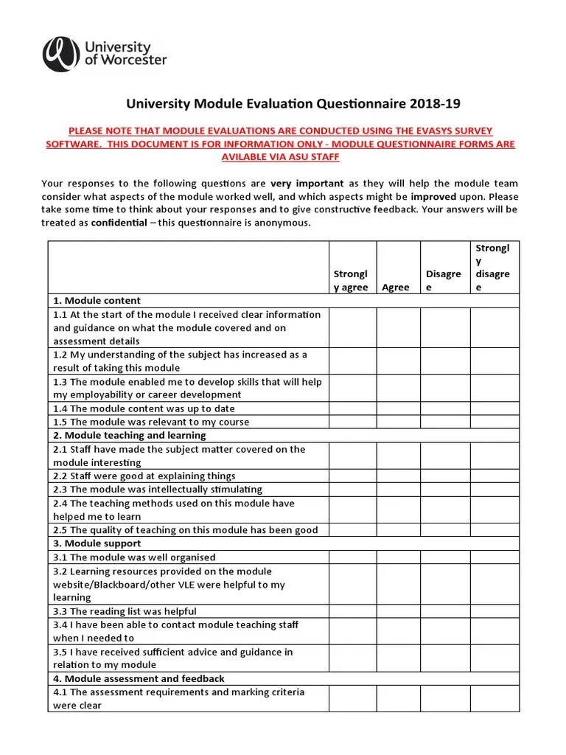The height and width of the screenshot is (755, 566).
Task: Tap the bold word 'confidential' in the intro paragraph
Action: pos(119,223)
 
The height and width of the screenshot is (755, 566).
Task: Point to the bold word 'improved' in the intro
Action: pos(436,196)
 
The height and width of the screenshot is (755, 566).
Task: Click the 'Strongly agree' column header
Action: pos(352,280)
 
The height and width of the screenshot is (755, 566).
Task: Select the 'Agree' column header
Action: pos(396,287)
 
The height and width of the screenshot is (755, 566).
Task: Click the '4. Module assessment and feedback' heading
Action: pos(139,678)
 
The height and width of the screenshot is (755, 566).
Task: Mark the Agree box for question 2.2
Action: pos(398,476)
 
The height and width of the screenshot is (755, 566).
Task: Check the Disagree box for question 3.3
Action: pos(444,610)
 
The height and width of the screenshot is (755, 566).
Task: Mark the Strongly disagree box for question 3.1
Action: pos(495,557)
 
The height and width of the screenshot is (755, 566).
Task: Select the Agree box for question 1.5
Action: pos(398,422)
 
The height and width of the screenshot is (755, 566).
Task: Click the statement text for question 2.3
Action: pos(157,490)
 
